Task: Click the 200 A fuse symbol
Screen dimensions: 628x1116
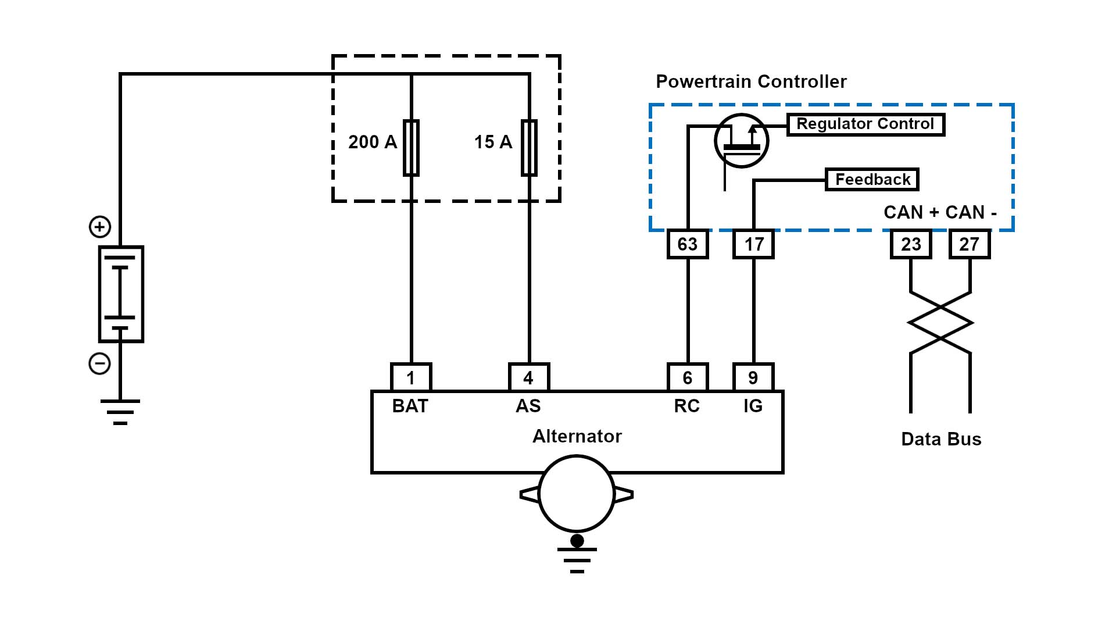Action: coord(411,148)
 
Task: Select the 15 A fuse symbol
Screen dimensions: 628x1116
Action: coord(529,148)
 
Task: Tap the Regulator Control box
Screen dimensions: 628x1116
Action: coord(865,124)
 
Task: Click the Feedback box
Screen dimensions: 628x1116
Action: coord(872,180)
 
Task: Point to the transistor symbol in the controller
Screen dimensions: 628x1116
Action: coord(741,141)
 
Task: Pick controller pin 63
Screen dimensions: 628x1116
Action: coord(688,244)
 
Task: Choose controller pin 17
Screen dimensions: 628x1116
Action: coord(754,244)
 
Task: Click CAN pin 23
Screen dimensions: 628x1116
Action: coord(911,244)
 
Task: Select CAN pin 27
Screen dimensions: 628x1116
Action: coord(970,244)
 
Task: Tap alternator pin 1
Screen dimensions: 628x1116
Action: coord(411,378)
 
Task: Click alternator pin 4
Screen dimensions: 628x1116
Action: coord(528,378)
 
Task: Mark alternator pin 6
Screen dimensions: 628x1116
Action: coord(688,378)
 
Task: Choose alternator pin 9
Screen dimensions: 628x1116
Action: coord(753,378)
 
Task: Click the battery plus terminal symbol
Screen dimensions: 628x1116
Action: coord(100,227)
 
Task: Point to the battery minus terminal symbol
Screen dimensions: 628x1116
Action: coord(99,364)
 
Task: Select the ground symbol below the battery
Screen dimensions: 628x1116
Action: coord(120,412)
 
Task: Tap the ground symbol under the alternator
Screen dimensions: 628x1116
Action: coord(577,560)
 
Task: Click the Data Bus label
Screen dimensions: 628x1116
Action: coord(941,439)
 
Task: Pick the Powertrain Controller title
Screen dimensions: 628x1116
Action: coord(751,81)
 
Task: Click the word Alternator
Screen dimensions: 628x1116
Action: coord(577,436)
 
